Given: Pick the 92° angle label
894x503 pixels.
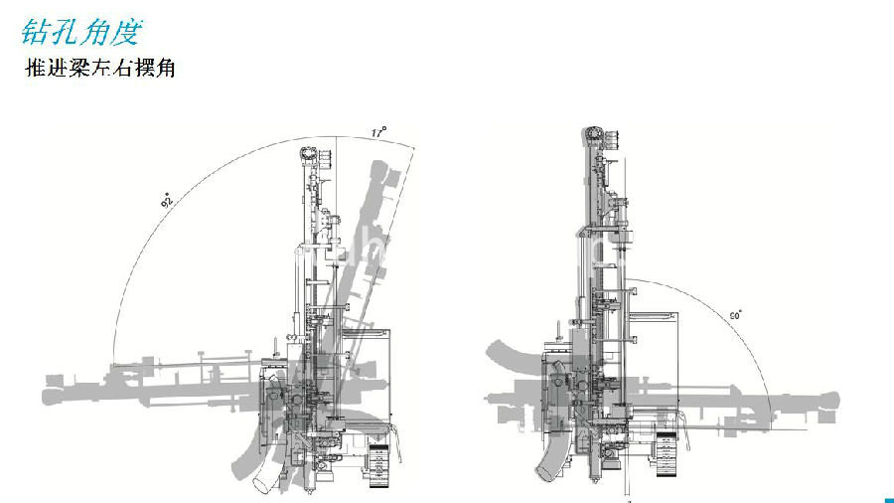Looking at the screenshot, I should click(x=167, y=202).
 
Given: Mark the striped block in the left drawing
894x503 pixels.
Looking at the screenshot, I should click(x=378, y=467).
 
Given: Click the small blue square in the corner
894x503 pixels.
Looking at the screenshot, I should click(x=887, y=498).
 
